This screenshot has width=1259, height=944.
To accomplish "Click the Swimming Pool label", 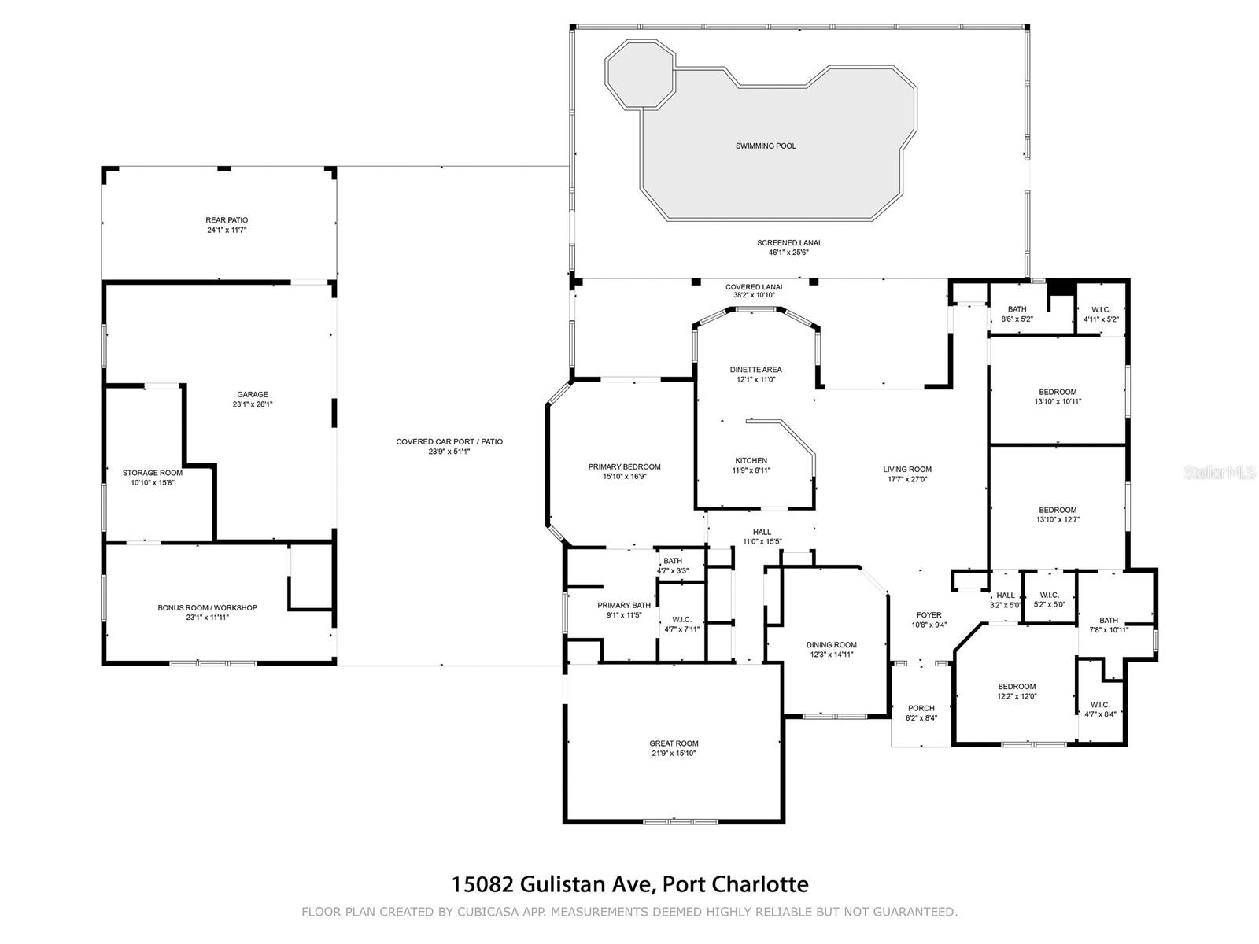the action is click(x=765, y=146).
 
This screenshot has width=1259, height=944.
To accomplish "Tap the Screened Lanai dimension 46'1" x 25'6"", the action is click(x=788, y=253).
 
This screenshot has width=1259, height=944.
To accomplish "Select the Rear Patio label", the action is click(x=227, y=220).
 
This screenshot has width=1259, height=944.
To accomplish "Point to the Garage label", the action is click(x=253, y=394).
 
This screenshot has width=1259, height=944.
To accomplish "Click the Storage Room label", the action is click(x=152, y=473).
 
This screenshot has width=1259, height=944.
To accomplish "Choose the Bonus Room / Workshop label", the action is click(x=207, y=607).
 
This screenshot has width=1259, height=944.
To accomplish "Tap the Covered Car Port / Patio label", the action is click(x=449, y=441).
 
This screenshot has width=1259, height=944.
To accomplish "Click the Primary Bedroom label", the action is click(x=624, y=466).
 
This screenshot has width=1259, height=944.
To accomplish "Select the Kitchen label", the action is click(x=751, y=460).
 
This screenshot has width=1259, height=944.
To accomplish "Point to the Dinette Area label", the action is click(x=755, y=370).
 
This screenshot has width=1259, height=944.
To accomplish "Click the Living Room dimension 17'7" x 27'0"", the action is click(x=907, y=479).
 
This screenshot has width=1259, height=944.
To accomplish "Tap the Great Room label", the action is click(x=674, y=743).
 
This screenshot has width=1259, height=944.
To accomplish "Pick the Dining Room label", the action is click(x=831, y=645).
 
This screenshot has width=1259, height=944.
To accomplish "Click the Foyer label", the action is click(x=929, y=615).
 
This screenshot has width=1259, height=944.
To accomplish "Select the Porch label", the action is click(x=921, y=708).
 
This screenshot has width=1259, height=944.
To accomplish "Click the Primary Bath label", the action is click(x=624, y=605).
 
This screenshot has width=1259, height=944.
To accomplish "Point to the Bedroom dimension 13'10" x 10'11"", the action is click(x=1058, y=402).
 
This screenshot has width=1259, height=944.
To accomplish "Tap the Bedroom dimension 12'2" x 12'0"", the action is click(x=1017, y=696).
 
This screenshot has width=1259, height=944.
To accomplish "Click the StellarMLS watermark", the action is click(x=1218, y=472).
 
